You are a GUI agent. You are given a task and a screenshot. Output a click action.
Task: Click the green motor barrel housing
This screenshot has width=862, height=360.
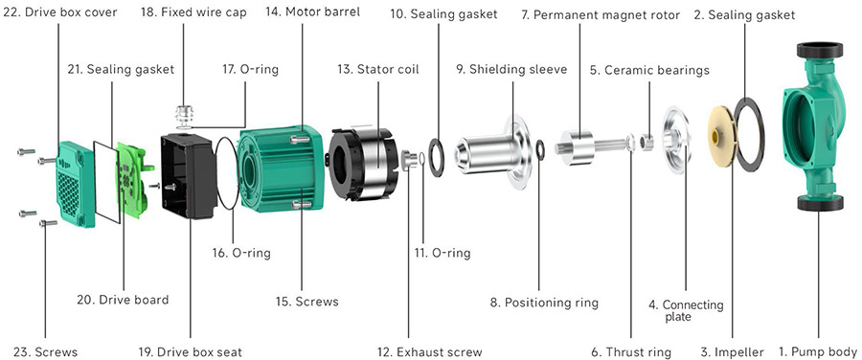click(x=278, y=168)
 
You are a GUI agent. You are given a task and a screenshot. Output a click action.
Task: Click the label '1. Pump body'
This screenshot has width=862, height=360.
click(x=817, y=351)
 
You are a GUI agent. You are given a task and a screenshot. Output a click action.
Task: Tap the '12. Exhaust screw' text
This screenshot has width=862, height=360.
click(x=429, y=351)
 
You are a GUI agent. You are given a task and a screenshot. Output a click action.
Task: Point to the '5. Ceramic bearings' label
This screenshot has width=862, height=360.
click(x=648, y=70)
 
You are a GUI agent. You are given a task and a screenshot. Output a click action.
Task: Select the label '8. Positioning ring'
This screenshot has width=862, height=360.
click(x=544, y=302)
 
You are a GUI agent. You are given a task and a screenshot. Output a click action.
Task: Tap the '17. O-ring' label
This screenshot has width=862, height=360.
click(x=248, y=70)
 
